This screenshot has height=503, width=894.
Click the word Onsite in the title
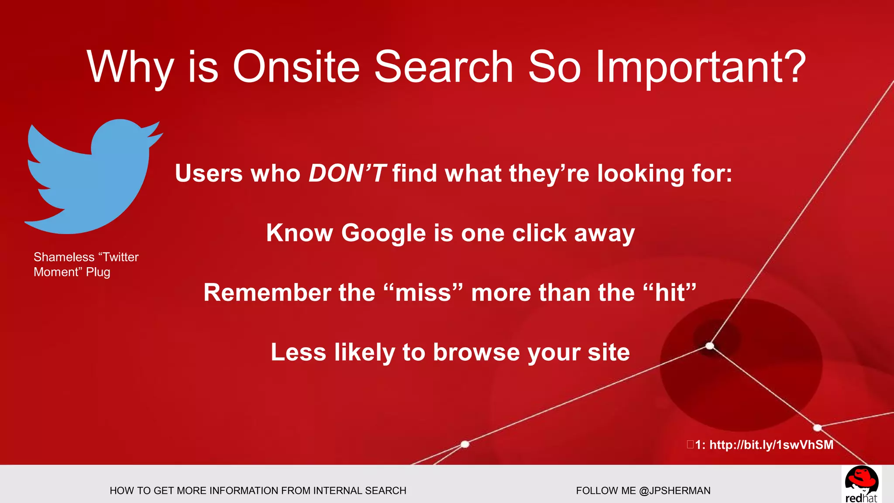pyautogui.click(x=296, y=66)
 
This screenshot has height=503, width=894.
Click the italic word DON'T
pyautogui.click(x=347, y=173)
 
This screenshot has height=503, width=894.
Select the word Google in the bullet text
pyautogui.click(x=383, y=233)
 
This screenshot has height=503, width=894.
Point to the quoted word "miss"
pyautogui.click(x=423, y=292)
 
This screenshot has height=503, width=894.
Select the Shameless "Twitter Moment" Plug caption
pyautogui.click(x=86, y=265)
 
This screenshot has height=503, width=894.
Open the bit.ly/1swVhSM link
pyautogui.click(x=771, y=445)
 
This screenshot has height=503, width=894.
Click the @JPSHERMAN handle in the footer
pyautogui.click(x=674, y=490)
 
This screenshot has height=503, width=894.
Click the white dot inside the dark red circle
pyautogui.click(x=710, y=346)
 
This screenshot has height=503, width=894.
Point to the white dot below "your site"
pyautogui.click(x=465, y=444)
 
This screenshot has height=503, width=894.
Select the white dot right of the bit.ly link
pyautogui.click(x=818, y=427)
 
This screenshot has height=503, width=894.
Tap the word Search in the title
pyautogui.click(x=444, y=66)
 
